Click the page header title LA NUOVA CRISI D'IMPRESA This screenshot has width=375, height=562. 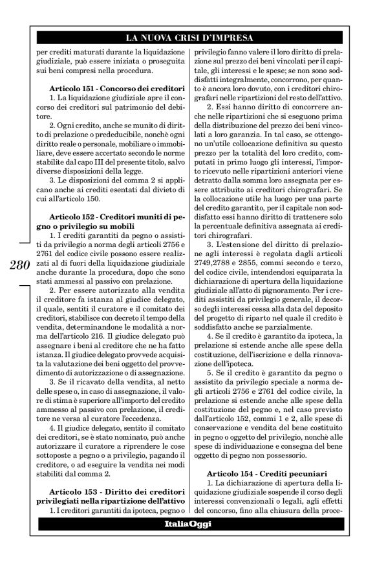click(187, 38)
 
